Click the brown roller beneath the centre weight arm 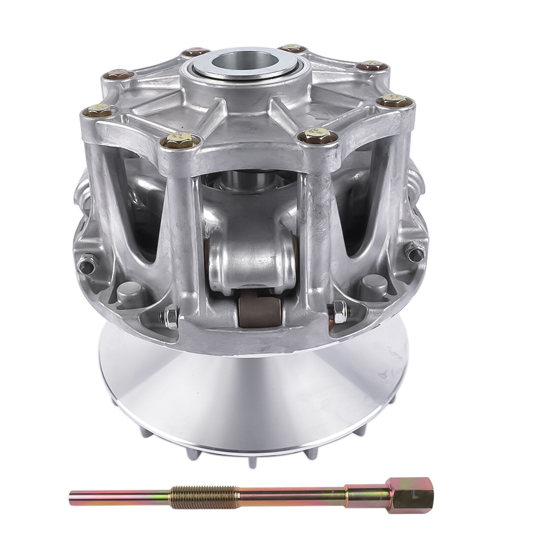(x=260, y=310)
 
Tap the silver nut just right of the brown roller (x=336, y=310)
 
